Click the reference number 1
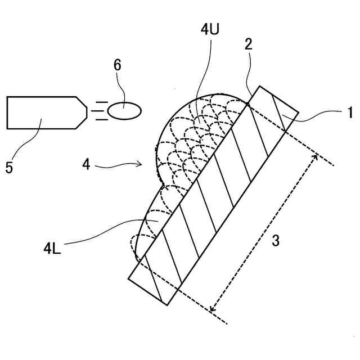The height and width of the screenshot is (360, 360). (x=349, y=112)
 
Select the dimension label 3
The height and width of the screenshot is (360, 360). (x=276, y=240)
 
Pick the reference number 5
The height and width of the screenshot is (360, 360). (x=10, y=167)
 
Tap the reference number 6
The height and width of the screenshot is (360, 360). (x=117, y=65)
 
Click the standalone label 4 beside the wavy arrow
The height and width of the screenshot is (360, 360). (x=85, y=165)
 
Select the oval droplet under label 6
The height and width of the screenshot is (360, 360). (x=124, y=111)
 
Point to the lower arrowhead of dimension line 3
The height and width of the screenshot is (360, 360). (x=211, y=309)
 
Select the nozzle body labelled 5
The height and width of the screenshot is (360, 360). (x=42, y=112)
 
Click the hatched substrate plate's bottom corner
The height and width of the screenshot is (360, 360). (x=166, y=305)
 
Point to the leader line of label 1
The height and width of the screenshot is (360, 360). (x=318, y=116)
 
